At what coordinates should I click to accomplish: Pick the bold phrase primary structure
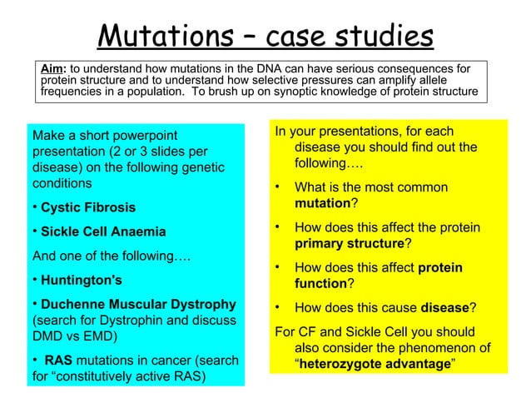click(350, 245)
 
